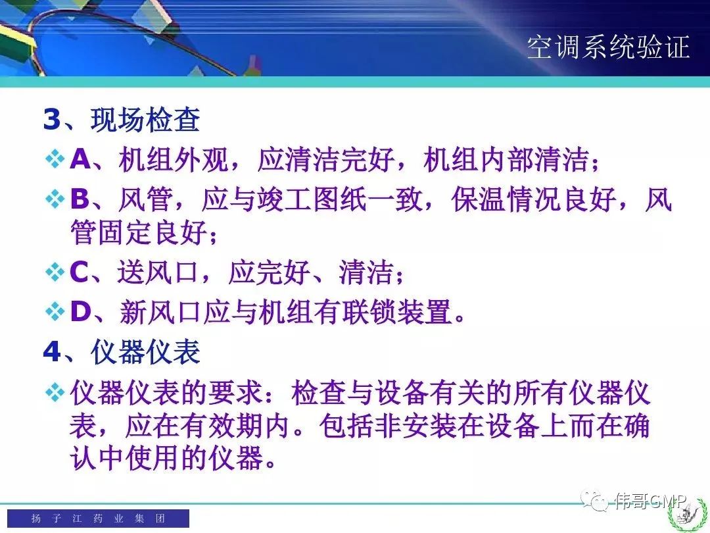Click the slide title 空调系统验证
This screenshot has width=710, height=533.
(x=608, y=47)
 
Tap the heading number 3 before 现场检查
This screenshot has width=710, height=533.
(x=52, y=119)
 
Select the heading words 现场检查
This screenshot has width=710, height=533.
(x=145, y=120)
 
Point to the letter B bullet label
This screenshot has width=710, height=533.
(x=80, y=199)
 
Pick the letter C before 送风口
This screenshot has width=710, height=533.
(x=80, y=272)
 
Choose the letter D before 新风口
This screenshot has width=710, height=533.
(x=81, y=312)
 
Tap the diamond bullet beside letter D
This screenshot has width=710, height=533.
(x=55, y=313)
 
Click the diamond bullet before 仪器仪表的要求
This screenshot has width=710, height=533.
(x=55, y=392)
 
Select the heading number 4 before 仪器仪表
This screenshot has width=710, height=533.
(x=52, y=351)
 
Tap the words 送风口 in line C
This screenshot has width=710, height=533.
(x=158, y=272)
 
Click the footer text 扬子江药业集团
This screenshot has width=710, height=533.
(x=98, y=518)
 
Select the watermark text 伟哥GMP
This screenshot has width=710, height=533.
(x=651, y=501)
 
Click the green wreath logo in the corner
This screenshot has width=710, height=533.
(x=688, y=516)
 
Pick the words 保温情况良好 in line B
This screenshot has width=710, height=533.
(x=534, y=199)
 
